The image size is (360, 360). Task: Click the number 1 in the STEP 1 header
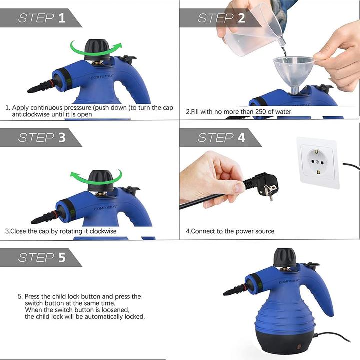pos(62,18)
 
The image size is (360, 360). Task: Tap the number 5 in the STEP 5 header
pos(62,257)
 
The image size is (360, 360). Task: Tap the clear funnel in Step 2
pos(293,67)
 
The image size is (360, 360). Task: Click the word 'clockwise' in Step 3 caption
pos(102,231)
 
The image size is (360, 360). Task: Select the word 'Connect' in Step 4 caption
pos(203,231)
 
